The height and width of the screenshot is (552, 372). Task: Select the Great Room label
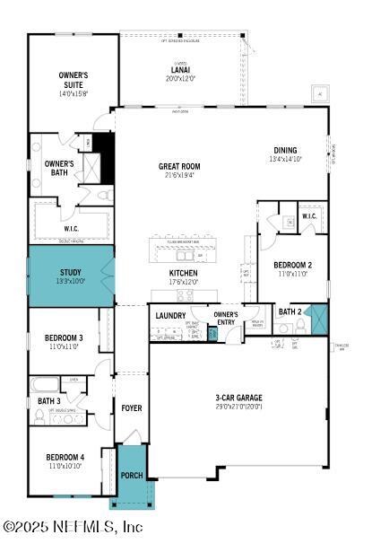tap(179, 166)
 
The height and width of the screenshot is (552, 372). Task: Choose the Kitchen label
tap(183, 273)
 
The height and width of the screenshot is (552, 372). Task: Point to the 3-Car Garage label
tap(238, 398)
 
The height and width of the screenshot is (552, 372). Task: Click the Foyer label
tap(132, 408)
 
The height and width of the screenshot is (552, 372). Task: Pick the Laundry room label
tap(170, 315)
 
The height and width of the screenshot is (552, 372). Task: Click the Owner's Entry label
tap(226, 317)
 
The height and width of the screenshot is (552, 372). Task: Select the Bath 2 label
tap(289, 311)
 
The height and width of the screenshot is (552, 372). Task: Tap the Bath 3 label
tap(49, 400)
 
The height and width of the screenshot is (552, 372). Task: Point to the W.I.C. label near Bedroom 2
tap(309, 216)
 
